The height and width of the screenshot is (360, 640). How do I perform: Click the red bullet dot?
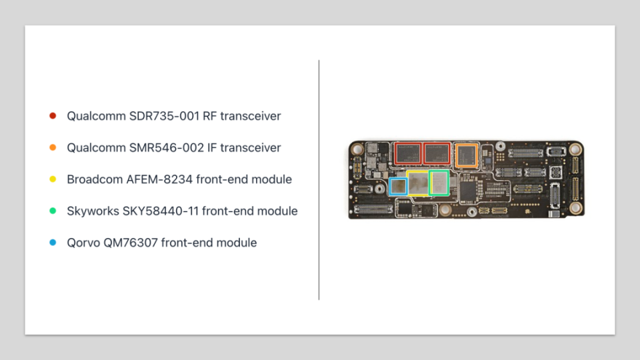click(x=53, y=116)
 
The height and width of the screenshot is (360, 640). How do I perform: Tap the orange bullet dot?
click(x=53, y=147)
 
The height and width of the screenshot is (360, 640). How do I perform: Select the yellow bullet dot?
click(x=53, y=179)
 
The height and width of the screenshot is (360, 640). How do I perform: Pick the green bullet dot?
click(x=53, y=211)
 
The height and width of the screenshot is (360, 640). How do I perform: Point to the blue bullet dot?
click(x=53, y=243)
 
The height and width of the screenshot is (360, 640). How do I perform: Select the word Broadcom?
click(x=95, y=179)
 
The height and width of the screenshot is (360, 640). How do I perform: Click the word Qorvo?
click(x=83, y=243)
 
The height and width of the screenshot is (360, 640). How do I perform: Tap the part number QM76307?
click(x=131, y=243)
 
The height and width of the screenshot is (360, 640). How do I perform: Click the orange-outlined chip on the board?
click(x=466, y=155)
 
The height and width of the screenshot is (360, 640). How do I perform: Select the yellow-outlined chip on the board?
click(x=418, y=183)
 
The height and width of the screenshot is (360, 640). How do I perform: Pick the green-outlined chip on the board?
click(x=439, y=183)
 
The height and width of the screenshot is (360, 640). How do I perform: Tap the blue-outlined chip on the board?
click(x=398, y=187)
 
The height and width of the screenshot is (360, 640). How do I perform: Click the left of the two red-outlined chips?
click(x=408, y=154)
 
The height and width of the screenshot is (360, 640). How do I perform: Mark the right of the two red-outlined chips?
click(x=436, y=154)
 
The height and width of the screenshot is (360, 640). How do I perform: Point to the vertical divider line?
click(x=319, y=180)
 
